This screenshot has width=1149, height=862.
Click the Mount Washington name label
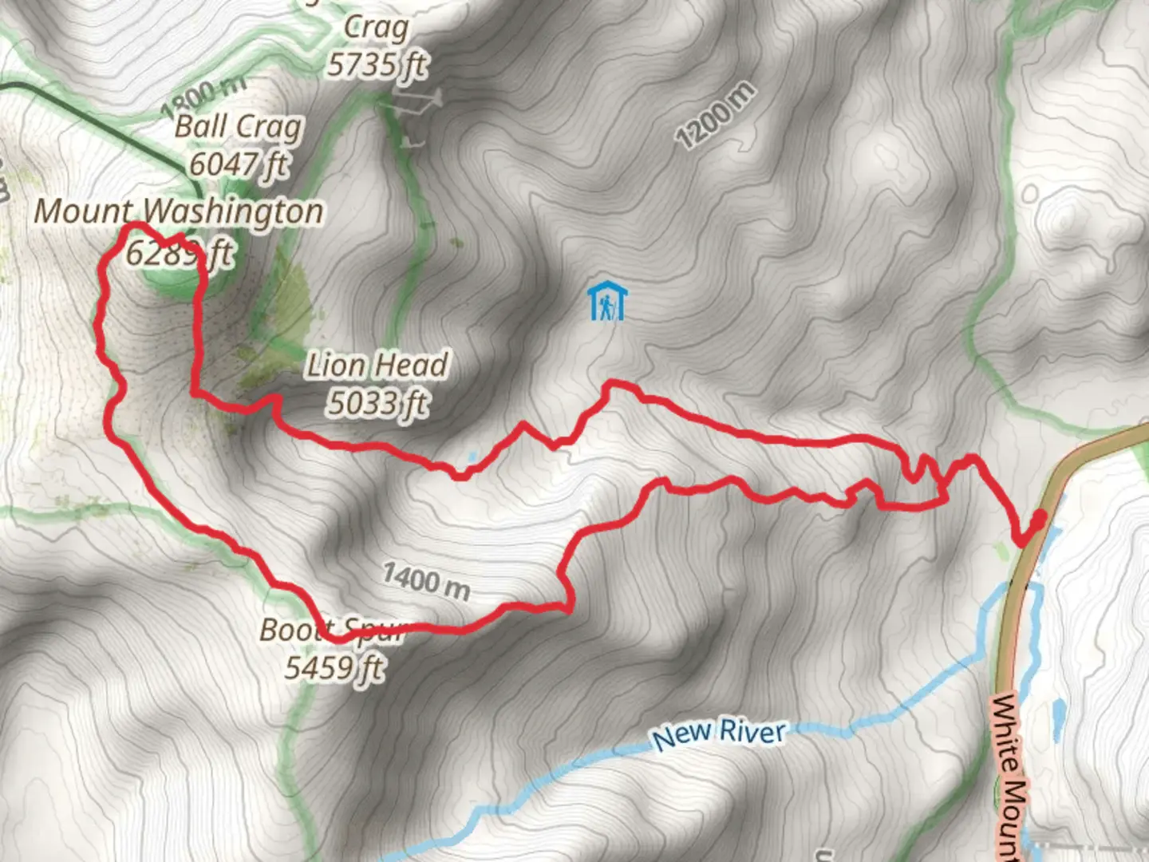coord(179,212)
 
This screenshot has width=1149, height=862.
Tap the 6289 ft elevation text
coord(179,254)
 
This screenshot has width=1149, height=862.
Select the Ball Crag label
coord(239,126)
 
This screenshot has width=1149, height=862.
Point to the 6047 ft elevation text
coord(239,164)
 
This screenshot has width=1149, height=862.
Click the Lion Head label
coord(377,365)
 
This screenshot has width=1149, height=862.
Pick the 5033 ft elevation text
coord(377,403)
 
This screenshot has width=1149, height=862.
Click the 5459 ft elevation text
coord(334,666)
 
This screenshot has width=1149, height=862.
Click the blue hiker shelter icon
coord(607,302)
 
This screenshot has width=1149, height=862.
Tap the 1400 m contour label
coord(425,580)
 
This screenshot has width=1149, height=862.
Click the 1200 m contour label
coord(715,116)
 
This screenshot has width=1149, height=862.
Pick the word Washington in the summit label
coord(235,212)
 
